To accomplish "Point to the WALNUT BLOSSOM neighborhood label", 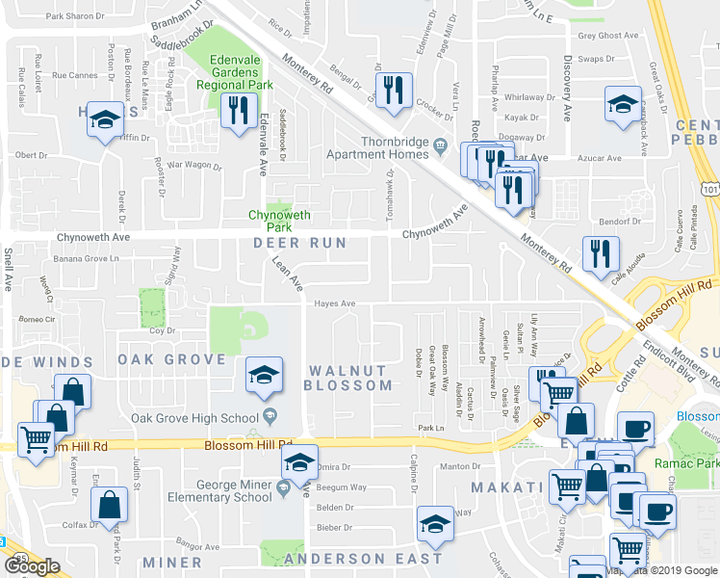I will coord(347,378).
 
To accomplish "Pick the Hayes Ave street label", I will coord(335,303).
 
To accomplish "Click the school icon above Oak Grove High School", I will coord(264,375).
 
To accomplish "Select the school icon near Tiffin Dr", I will coord(103,119).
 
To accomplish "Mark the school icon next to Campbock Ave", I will coord(622,103).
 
